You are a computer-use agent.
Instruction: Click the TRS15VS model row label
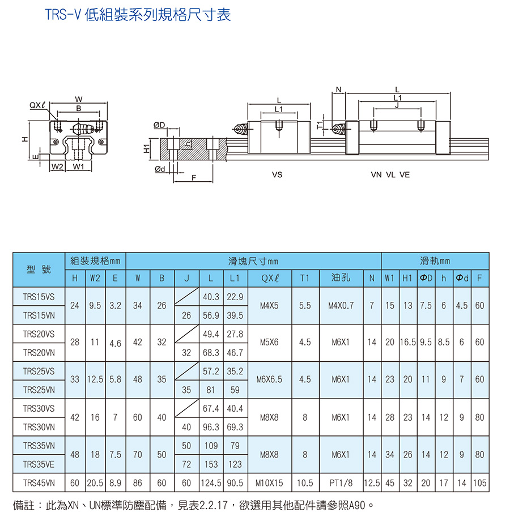pos(39,297)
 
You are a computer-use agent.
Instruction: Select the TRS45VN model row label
pos(39,483)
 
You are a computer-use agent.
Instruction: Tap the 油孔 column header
pos(341,277)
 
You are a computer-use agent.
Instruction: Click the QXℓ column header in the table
pos(270,278)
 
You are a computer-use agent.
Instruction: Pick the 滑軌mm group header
pos(435,261)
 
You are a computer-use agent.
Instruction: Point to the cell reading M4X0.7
pos(341,306)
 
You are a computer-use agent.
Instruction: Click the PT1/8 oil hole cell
pos(341,483)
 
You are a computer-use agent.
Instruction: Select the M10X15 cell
pos(269,483)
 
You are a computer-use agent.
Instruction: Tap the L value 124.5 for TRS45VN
pos(211,483)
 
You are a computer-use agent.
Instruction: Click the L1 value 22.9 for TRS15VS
pos(235,297)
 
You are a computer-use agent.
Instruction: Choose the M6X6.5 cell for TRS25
pos(269,379)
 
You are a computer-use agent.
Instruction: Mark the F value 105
pos(479,483)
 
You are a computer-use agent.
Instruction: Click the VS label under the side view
pos(277,174)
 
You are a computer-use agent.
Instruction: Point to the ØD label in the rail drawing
pos(159,125)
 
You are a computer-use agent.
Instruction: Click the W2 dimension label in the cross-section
pos(57,166)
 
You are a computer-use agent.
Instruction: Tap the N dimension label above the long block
pos(338,89)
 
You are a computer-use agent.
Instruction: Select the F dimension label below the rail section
pos(194,178)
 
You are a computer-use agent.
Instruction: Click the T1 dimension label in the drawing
pos(320,125)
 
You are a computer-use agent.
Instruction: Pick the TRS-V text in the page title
pos(63,15)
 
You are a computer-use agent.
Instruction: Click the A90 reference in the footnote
pos(357,505)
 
